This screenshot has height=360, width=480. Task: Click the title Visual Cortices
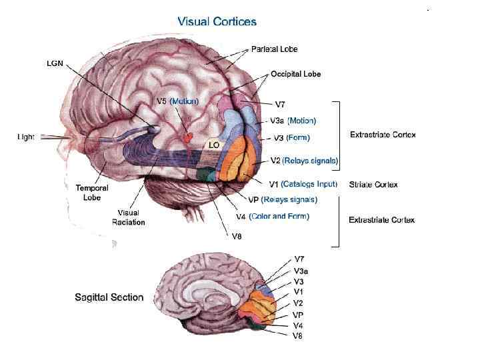tap(217, 22)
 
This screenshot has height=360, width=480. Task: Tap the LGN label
tap(55, 64)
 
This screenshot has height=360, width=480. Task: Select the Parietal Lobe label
tap(274, 49)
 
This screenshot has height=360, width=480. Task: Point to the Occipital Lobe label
tap(295, 74)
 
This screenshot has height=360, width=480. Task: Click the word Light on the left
tap(26, 137)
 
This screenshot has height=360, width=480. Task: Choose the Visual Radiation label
tap(128, 217)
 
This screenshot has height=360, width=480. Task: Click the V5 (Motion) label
tap(177, 101)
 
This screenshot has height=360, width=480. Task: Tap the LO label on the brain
tap(213, 145)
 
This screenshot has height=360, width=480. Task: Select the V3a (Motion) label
tap(293, 121)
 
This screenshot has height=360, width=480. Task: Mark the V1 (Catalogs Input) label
tap(303, 184)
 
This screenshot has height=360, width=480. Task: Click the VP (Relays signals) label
tap(282, 199)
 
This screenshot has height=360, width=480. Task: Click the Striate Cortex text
tap(373, 185)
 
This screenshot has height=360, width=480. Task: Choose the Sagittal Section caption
tap(109, 297)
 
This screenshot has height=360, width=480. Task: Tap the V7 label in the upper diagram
tap(281, 104)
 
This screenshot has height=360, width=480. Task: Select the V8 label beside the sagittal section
tap(297, 336)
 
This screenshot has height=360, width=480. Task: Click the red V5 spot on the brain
tap(189, 137)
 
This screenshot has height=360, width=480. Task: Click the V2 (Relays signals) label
tap(304, 161)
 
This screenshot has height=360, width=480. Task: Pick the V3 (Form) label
tap(291, 138)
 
